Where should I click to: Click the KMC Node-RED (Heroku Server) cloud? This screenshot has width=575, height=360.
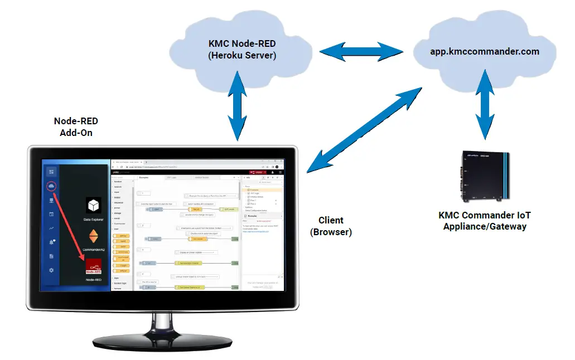click(x=242, y=50)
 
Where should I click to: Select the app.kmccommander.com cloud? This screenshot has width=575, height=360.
click(x=484, y=51)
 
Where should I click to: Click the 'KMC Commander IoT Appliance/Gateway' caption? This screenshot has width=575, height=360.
click(x=484, y=221)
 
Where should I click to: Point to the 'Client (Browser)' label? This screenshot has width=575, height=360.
click(x=331, y=226)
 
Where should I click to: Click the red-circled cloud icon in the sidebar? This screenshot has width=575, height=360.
click(x=51, y=186)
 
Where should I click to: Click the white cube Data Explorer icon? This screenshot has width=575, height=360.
click(x=94, y=206)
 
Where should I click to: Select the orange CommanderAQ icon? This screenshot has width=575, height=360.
click(x=94, y=235)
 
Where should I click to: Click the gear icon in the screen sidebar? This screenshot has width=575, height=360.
click(x=51, y=270)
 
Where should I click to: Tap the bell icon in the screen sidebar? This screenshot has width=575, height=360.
click(x=51, y=242)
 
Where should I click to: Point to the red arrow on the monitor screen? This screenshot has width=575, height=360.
click(x=70, y=226)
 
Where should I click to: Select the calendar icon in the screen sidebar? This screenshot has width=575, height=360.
click(x=51, y=214)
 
